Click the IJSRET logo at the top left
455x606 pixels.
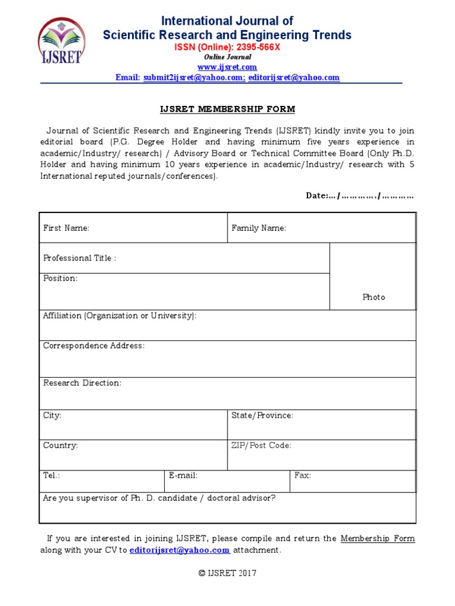coord(62,42)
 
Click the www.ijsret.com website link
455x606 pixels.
coord(227,67)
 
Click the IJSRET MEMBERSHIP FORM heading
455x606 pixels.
coord(227,109)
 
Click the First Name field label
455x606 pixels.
coord(66,228)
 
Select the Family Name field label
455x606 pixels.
coord(259,228)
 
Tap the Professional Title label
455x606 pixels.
coord(79,258)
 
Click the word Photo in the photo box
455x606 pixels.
coord(373,297)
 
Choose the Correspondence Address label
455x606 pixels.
coord(94,346)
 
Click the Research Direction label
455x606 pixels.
coord(82,383)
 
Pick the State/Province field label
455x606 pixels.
coord(262,415)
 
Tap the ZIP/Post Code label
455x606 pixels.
coord(261,445)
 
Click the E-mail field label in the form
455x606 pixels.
coord(183,475)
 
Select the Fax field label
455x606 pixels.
coord(303,475)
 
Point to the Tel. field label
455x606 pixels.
coord(52,475)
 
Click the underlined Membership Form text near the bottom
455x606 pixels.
coord(377,539)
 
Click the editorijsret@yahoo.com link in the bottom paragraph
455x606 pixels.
coord(180,550)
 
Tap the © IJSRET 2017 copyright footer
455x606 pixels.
coord(227,573)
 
